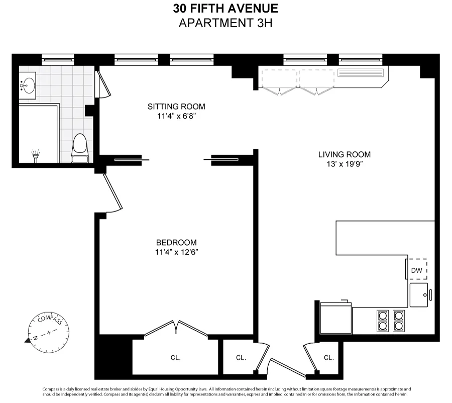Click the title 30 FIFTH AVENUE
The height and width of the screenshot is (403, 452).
[225, 9]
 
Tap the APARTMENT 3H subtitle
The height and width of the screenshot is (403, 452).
[225, 23]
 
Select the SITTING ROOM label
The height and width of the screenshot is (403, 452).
[176, 107]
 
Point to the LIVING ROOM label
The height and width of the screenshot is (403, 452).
[345, 154]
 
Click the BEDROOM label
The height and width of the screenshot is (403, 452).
[176, 242]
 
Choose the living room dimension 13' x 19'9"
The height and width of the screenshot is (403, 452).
[345, 164]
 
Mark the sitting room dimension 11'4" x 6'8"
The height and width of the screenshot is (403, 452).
[176, 117]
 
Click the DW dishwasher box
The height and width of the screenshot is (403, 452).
[417, 270]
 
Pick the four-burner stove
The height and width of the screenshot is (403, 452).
[390, 320]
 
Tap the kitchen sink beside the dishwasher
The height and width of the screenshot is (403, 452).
[419, 295]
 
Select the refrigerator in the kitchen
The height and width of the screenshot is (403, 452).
[335, 318]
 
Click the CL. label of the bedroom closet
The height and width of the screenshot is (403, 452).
[175, 358]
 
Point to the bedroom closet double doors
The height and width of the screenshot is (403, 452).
[176, 328]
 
